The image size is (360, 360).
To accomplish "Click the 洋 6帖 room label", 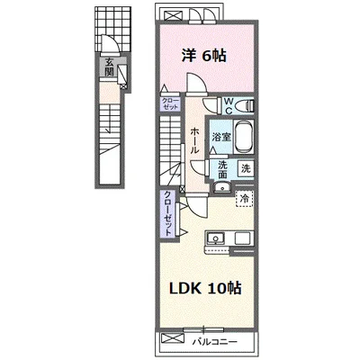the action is click(x=204, y=55).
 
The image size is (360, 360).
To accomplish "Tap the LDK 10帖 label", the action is click(x=205, y=288).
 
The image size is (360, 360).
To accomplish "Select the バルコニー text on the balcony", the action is click(x=215, y=342).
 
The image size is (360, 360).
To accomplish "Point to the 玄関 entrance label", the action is click(x=109, y=67).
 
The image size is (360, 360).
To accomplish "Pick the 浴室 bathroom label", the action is click(x=221, y=138).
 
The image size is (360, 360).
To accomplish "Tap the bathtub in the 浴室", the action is click(x=244, y=137).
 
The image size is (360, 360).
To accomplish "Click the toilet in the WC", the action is click(x=245, y=105).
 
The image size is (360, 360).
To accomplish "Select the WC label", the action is click(x=229, y=106).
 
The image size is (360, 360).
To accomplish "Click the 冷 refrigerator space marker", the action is click(x=245, y=198).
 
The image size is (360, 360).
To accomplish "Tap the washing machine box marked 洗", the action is click(x=246, y=168).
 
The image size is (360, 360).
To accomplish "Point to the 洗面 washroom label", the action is click(x=222, y=169).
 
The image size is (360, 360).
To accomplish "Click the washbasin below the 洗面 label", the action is click(x=222, y=188).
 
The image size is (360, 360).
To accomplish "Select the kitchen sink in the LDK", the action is click(x=215, y=238).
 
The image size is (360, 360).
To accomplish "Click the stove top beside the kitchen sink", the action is click(x=244, y=238).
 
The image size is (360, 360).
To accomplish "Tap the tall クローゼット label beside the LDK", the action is click(x=168, y=213).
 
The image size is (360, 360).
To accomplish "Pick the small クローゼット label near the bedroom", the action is click(x=170, y=103).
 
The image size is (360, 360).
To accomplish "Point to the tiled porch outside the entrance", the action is click(x=113, y=29).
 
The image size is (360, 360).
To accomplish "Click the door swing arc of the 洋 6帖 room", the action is click(x=196, y=80).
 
